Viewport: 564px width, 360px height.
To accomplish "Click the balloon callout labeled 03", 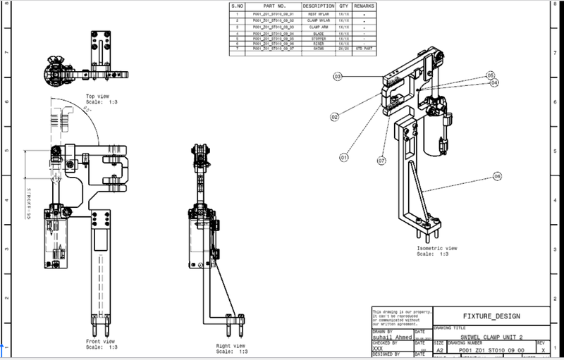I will coord(338,75).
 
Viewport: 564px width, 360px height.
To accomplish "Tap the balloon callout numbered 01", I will coord(345,157).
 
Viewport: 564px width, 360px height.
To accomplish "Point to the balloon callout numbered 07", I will coord(381,161).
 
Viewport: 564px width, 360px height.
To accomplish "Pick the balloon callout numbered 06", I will coord(498,175).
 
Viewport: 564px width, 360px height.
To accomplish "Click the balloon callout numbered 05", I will coord(491,74).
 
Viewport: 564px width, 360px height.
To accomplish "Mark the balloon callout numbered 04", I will coord(495,82).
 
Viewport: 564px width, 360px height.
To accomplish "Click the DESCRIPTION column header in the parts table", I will coord(319,6).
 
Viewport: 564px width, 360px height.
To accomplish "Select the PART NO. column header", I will coord(274,6).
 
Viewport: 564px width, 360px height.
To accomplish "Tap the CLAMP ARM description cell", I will coord(319,26).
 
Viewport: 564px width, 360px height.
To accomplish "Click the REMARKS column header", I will coord(364,6).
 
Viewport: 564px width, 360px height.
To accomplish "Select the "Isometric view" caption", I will coord(437,249).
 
